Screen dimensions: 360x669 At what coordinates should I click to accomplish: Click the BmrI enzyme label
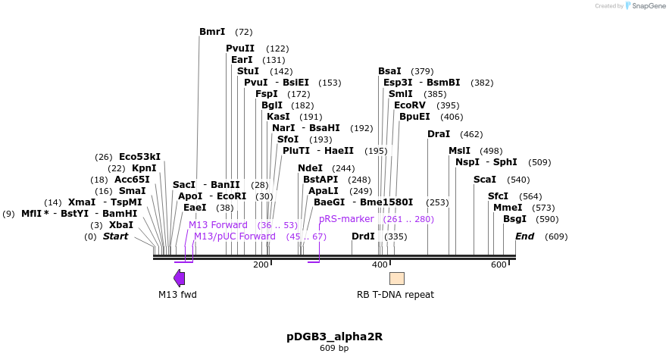[x=212, y=32]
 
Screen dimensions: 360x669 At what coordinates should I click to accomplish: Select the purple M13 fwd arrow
[x=179, y=278]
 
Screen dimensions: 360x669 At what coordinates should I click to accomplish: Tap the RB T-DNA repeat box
[x=396, y=278]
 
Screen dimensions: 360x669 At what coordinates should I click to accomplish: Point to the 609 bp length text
[x=334, y=349]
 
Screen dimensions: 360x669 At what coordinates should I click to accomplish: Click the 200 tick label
[x=261, y=265]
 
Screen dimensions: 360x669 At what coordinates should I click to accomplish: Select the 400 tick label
[x=380, y=265]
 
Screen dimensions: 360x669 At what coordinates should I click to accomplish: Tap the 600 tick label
[x=499, y=265]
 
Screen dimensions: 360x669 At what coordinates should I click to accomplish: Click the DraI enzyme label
[x=439, y=134]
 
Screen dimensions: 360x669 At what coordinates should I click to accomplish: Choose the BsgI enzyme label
[x=514, y=219]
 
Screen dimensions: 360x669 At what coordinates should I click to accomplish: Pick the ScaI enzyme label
[x=485, y=180]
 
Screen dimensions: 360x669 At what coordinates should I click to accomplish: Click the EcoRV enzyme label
[x=410, y=105]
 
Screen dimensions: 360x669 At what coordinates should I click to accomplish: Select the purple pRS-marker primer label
[x=346, y=219]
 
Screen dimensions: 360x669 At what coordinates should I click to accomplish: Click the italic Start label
[x=115, y=236]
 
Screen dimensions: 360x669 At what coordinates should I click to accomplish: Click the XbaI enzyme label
[x=121, y=225]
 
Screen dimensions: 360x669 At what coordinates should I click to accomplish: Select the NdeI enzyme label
[x=310, y=168]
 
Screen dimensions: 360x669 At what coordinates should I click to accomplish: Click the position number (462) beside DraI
[x=471, y=134]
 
